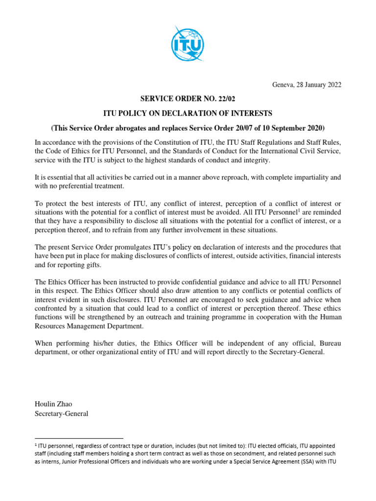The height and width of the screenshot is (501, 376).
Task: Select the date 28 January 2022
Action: click(x=316, y=85)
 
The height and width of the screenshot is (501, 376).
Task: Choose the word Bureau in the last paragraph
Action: click(x=329, y=343)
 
